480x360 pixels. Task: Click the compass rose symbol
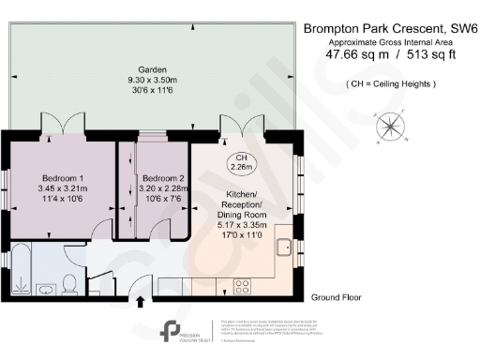pyautogui.click(x=388, y=126)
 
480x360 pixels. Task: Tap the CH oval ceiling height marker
pyautogui.click(x=241, y=161)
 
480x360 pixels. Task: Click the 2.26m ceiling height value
pyautogui.click(x=241, y=168)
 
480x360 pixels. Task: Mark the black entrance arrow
pyautogui.click(x=142, y=302)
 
